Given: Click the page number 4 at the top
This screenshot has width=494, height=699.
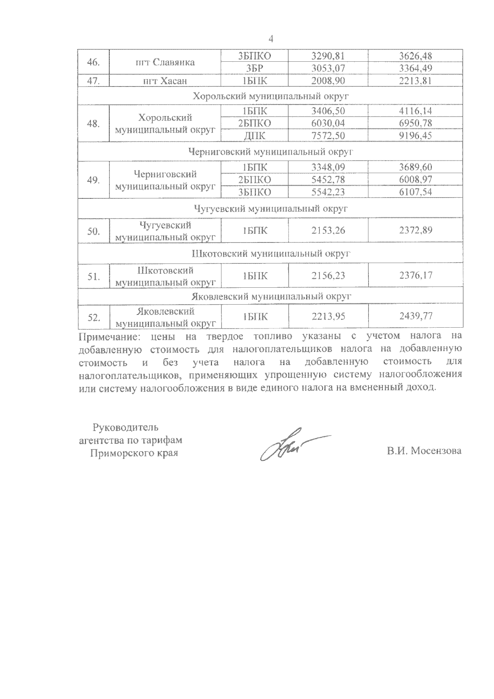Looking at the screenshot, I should point(270,39).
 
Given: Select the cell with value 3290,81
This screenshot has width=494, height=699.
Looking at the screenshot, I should point(328,56).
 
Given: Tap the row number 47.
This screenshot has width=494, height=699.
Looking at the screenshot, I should point(93,81).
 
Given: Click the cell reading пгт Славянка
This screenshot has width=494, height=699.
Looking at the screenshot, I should point(165,62).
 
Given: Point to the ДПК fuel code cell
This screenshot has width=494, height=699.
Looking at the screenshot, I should point(254,135).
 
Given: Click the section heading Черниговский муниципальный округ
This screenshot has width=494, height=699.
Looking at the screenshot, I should point(270,152).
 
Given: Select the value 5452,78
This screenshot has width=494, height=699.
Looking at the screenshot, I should point(328,180).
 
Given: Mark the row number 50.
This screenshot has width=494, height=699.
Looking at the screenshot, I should point(93,231).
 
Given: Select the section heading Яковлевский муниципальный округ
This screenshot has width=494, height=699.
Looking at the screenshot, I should point(270,296).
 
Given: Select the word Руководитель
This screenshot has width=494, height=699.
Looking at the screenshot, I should point(126,427).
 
